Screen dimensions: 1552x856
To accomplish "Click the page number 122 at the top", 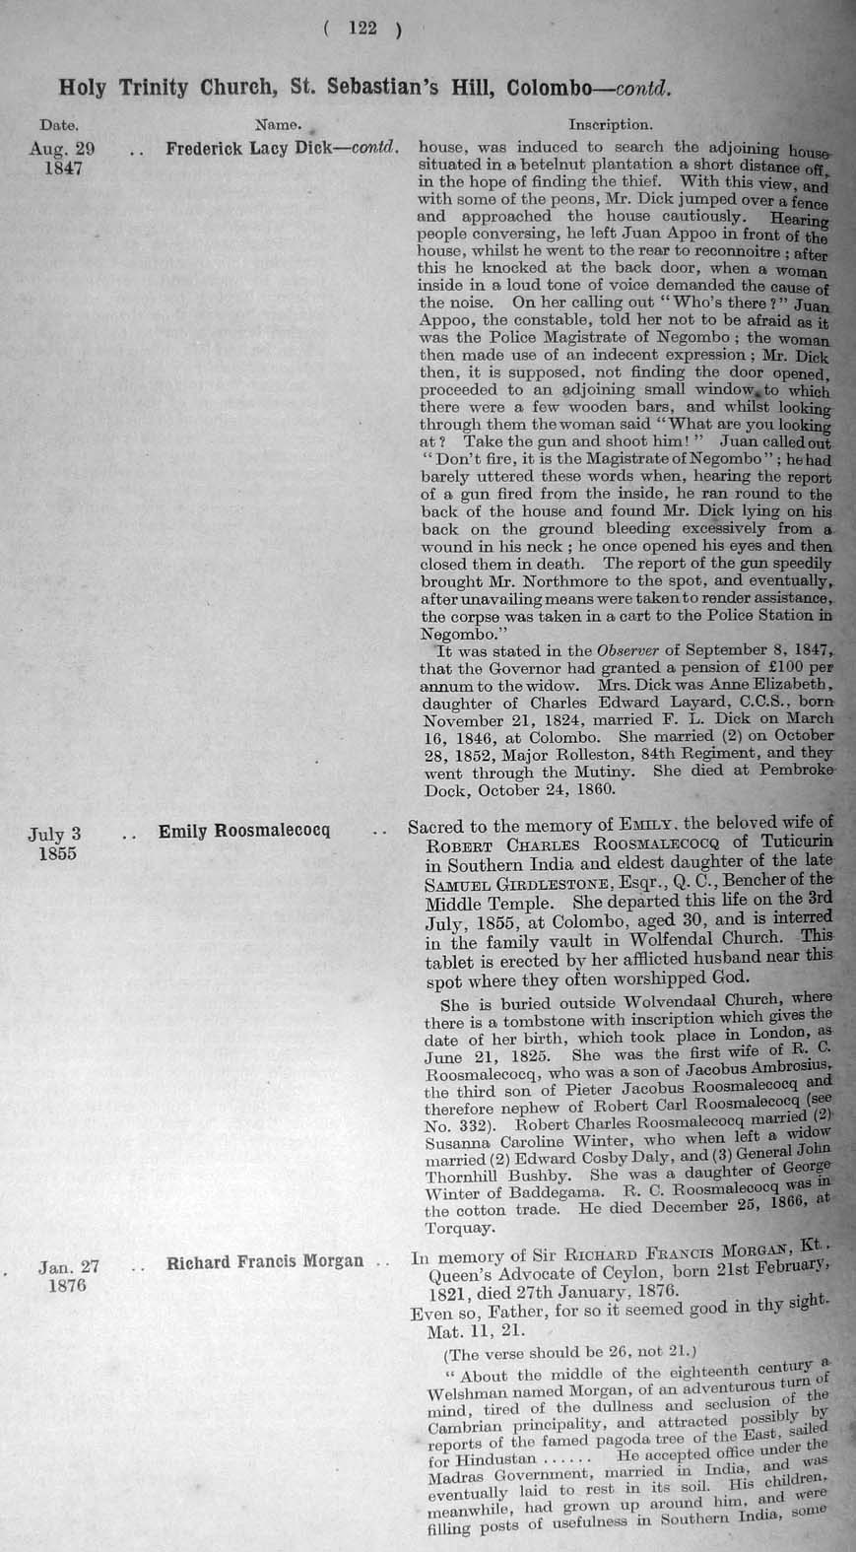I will click(x=362, y=30).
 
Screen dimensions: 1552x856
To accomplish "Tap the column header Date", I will click(x=59, y=126).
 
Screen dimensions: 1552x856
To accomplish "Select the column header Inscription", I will click(x=610, y=125).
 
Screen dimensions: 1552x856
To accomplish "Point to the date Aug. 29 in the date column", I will click(x=62, y=149).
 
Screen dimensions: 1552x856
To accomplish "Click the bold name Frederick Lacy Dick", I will click(x=252, y=149).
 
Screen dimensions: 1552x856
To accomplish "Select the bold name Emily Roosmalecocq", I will click(x=244, y=832).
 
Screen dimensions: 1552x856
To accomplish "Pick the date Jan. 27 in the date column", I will click(x=70, y=1267).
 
